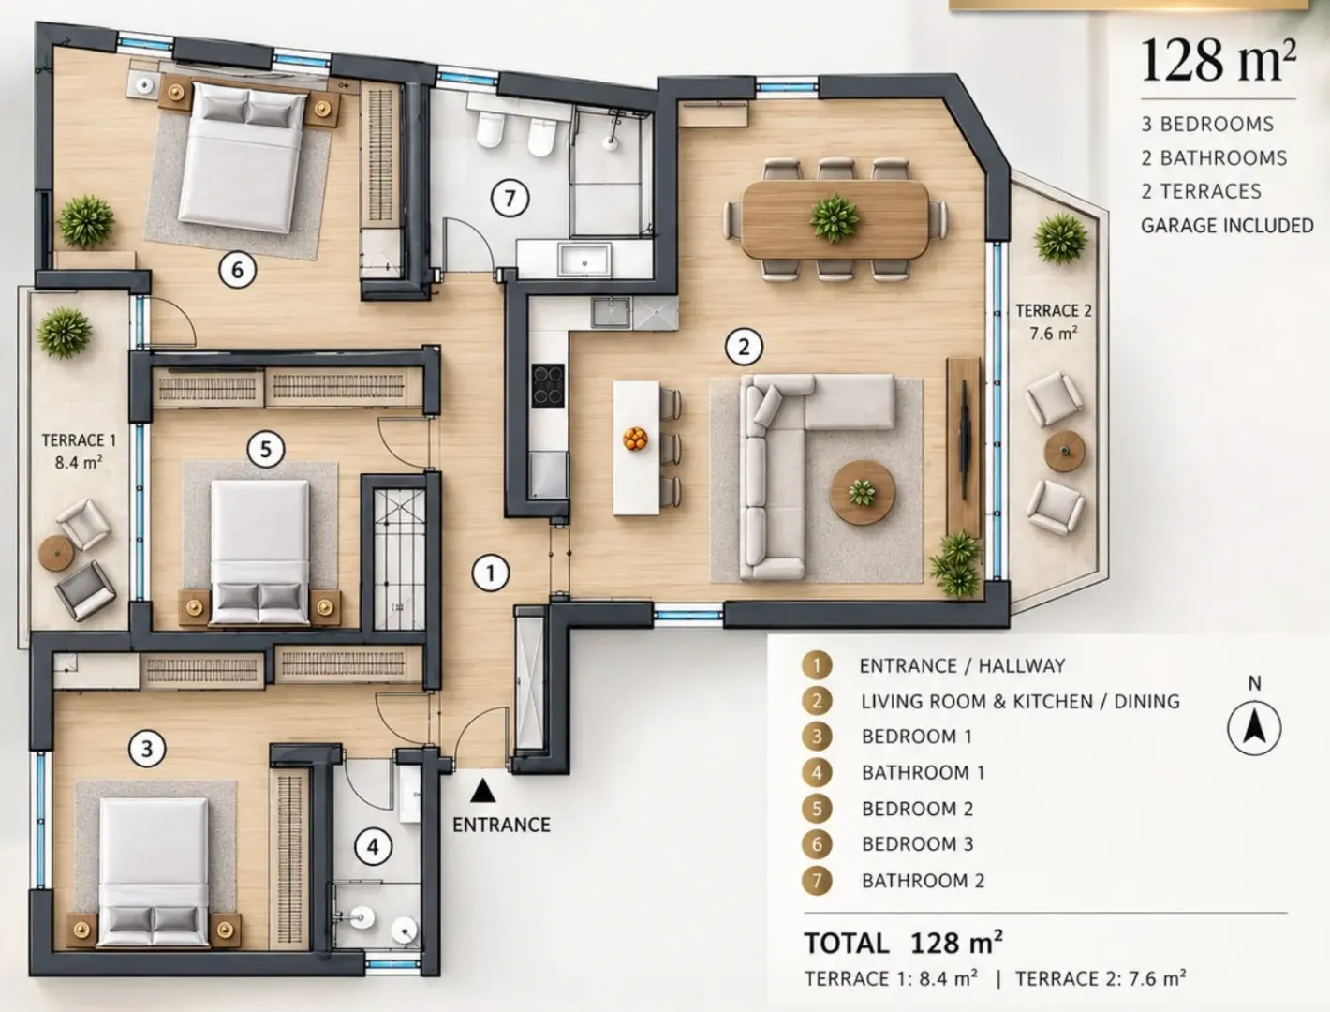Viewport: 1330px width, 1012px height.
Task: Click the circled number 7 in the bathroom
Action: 510,198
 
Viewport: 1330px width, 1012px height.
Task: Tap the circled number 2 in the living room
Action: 744,347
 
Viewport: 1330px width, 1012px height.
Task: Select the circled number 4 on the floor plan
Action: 373,846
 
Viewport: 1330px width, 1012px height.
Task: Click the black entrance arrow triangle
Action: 482,791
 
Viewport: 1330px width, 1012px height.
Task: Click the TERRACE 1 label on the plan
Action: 79,451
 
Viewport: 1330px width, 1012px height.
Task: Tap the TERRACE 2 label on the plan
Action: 1054,321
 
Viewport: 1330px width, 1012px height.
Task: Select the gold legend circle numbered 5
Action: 817,809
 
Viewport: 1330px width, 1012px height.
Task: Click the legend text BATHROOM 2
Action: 924,881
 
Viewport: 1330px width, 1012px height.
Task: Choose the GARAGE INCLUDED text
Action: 1227,226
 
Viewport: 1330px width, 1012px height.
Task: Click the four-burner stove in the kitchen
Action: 548,385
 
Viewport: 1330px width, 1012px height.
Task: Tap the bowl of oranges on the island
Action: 635,439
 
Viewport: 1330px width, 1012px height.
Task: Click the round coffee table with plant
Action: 862,492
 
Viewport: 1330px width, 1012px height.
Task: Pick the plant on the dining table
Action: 835,217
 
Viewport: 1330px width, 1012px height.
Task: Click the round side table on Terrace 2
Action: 1065,451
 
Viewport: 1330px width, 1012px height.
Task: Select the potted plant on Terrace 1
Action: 65,333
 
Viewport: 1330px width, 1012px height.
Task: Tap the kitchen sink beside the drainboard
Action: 611,313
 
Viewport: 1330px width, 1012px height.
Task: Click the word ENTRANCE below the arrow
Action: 502,825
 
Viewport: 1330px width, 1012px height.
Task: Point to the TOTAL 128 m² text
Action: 903,943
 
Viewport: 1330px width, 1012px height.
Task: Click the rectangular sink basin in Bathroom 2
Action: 584,260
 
